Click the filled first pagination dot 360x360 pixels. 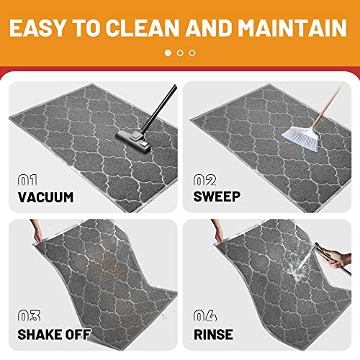168,53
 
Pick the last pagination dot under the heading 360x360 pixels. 192,53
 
